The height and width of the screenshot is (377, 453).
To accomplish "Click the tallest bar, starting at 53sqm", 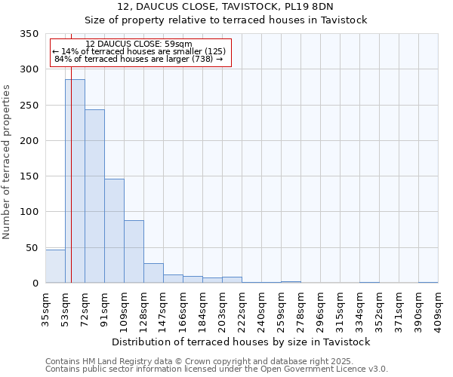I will pyautogui.click(x=75, y=181).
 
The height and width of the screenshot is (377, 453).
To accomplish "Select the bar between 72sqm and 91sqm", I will pyautogui.click(x=94, y=196).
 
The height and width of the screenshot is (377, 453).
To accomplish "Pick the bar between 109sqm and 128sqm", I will pyautogui.click(x=134, y=252).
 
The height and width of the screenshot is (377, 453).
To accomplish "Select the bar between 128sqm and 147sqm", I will pyautogui.click(x=153, y=273).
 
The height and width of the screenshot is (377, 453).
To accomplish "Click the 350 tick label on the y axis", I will pyautogui.click(x=29, y=34).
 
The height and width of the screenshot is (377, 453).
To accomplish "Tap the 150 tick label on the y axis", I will pyautogui.click(x=29, y=176).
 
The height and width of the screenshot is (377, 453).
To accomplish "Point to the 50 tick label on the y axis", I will pyautogui.click(x=32, y=247).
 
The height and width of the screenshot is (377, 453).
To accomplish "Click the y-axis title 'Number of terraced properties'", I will pyautogui.click(x=8, y=161).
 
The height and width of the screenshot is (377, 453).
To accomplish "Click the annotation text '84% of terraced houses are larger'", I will pyautogui.click(x=139, y=59).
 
